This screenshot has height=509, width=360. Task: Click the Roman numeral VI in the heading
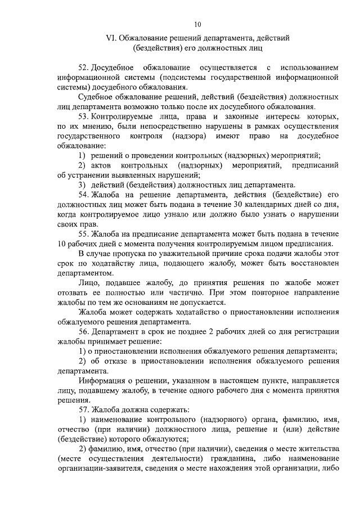coord(110,38)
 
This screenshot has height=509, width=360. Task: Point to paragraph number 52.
coord(84,67)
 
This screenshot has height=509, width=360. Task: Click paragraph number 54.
coord(84,195)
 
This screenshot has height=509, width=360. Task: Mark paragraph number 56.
coord(84,331)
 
